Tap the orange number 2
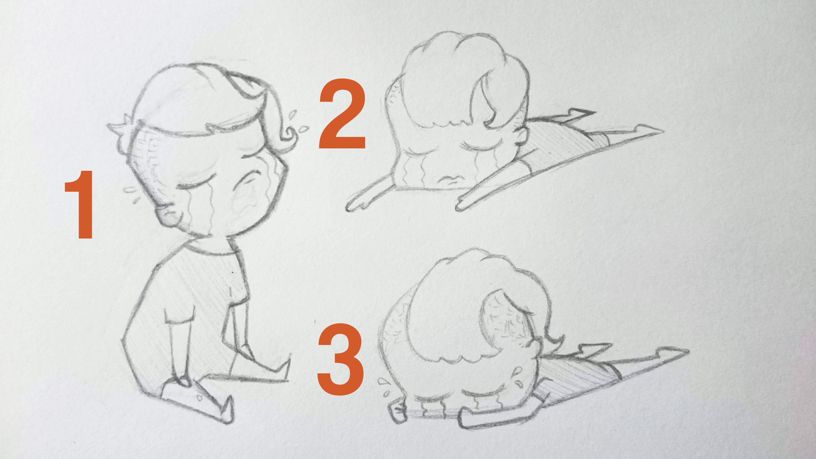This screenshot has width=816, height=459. coord(342,113)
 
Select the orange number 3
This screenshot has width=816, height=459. coord(340,359)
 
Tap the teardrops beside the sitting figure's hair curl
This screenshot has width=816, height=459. coord(297,122)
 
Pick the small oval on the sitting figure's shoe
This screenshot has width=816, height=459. coord(199,398)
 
